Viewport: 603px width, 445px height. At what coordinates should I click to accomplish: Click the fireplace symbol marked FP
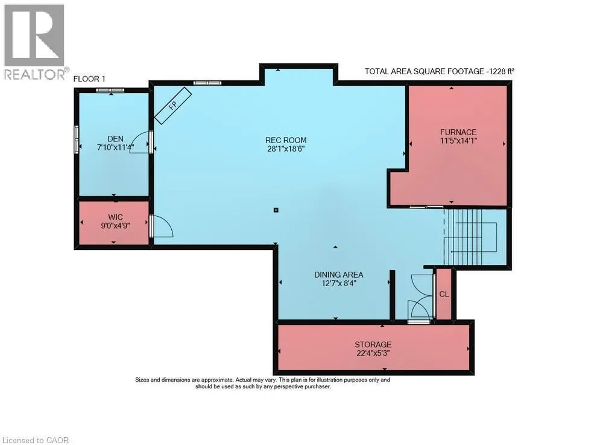point(173,106)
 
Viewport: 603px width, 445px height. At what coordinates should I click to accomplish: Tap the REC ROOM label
point(286,140)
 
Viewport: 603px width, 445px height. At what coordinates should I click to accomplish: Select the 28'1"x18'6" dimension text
point(286,149)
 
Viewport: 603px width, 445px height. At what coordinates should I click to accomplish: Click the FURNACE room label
point(458,132)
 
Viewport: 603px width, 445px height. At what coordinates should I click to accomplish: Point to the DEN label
point(115,139)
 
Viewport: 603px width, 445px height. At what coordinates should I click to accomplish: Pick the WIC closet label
point(115,217)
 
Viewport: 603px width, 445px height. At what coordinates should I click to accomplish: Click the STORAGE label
point(373,345)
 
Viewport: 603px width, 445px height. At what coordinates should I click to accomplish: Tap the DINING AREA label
point(338,275)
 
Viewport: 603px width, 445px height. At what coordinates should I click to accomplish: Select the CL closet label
point(444,294)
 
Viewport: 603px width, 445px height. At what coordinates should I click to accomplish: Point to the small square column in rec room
point(276,210)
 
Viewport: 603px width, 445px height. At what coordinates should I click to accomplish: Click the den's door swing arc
point(139,142)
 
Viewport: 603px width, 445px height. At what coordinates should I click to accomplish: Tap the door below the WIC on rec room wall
point(162,226)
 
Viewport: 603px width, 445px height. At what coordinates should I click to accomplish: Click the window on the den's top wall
point(110,90)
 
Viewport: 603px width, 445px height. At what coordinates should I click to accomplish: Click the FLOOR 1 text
point(89,79)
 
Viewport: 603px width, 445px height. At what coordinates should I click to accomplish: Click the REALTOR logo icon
point(34,35)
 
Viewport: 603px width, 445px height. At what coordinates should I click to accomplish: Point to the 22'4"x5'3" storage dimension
point(373,353)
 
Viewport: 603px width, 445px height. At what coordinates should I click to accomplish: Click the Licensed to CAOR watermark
point(36,440)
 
